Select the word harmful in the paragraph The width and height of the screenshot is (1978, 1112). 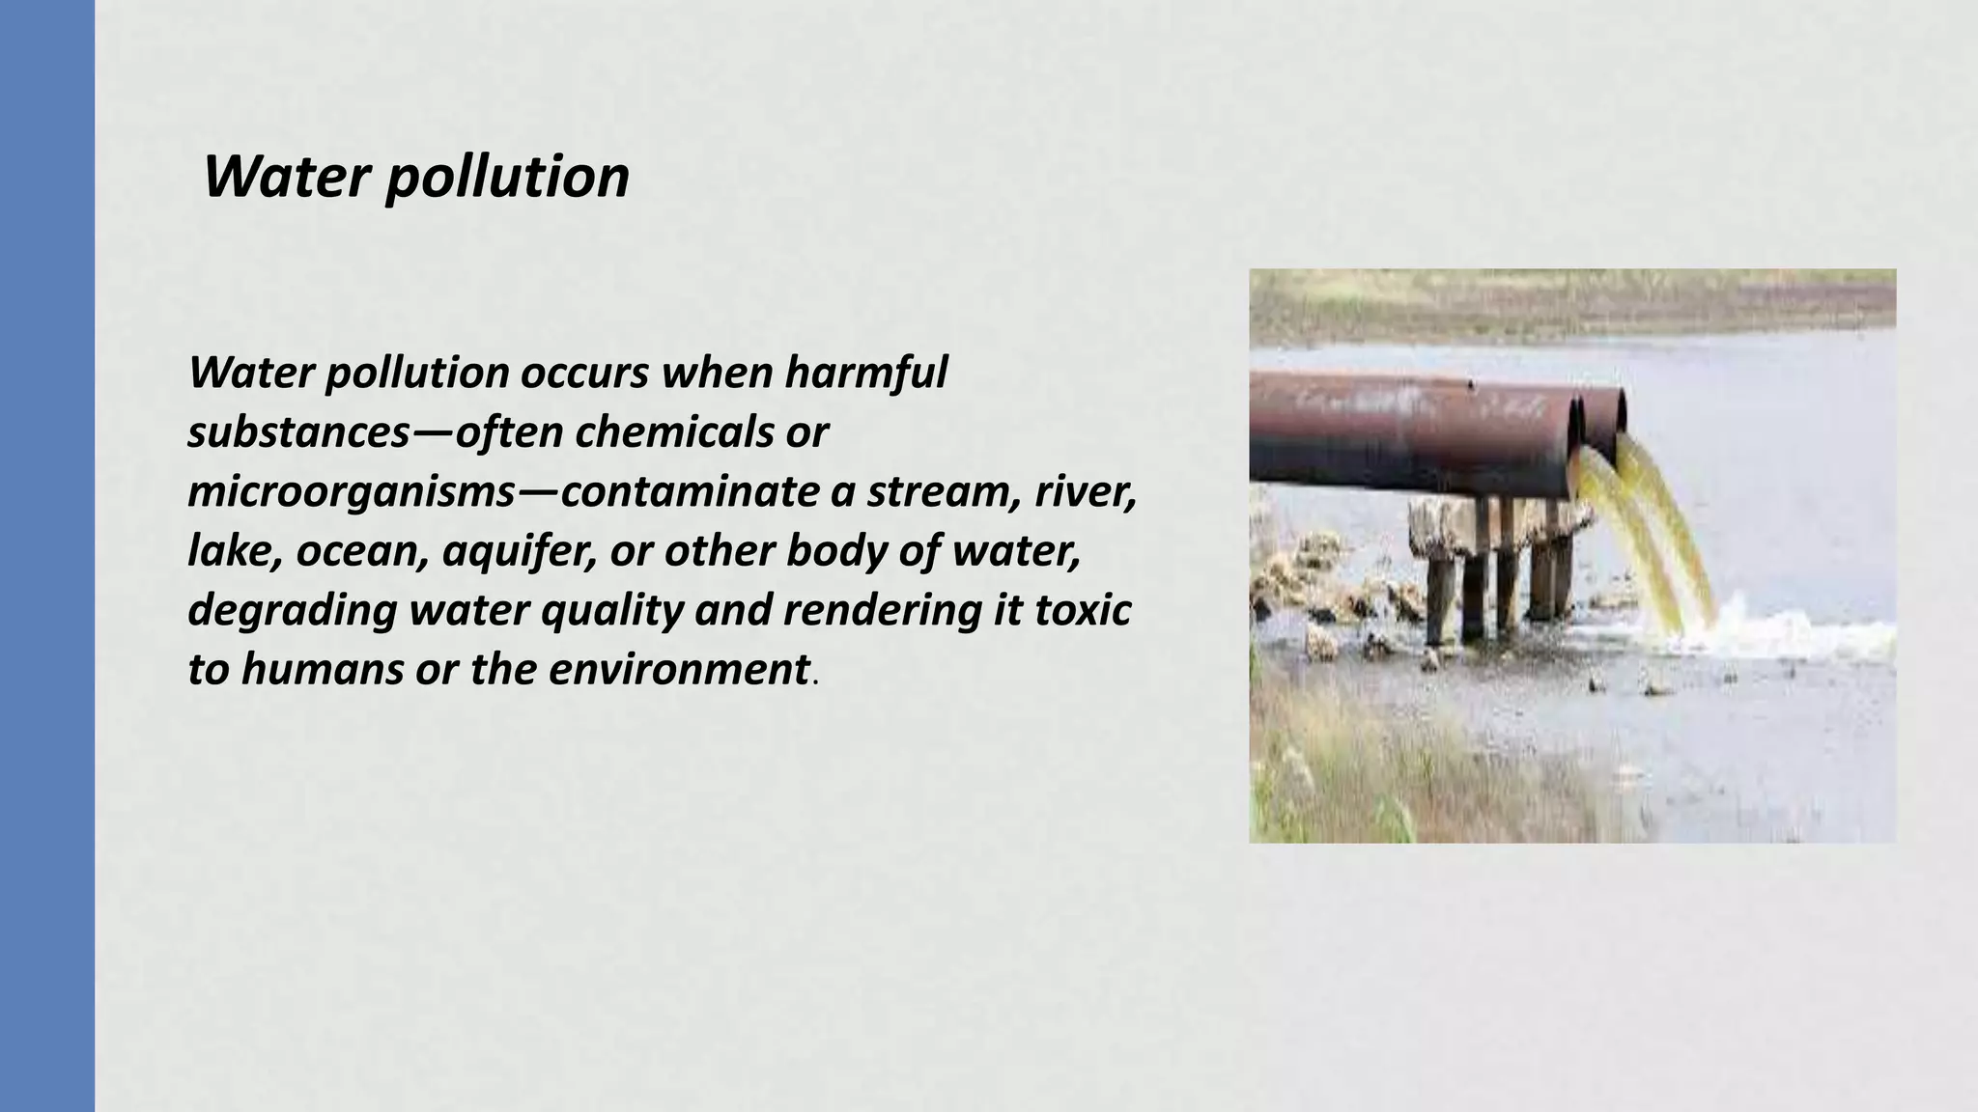coord(865,373)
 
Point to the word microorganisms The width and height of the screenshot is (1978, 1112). coord(352,492)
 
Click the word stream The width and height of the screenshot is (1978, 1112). coord(940,492)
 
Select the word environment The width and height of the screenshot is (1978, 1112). coord(679,670)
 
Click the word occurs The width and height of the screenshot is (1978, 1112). coord(584,373)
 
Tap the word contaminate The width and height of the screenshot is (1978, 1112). coord(689,492)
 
